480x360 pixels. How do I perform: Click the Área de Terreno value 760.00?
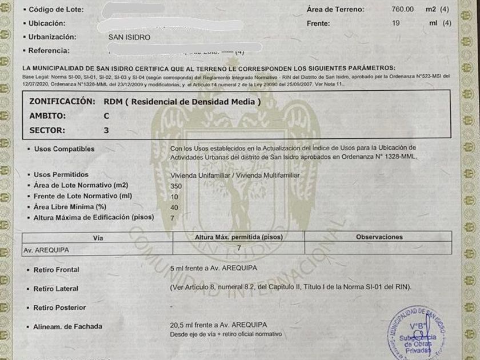402,9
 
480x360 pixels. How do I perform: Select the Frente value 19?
395,23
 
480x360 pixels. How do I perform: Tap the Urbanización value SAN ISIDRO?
129,37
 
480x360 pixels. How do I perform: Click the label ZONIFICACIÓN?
62,101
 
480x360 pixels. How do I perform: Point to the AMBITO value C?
106,115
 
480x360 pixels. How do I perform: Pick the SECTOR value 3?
106,130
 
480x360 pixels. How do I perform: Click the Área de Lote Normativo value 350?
176,186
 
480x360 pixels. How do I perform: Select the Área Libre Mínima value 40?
174,207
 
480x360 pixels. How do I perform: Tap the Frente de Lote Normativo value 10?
174,197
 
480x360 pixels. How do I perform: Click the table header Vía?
98,237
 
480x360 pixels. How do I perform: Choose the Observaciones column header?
379,237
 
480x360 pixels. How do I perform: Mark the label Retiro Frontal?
56,269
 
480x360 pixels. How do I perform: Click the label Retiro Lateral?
55,289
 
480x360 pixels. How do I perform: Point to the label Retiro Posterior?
59,307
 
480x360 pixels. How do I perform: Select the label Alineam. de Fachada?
67,326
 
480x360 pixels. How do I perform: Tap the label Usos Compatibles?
64,149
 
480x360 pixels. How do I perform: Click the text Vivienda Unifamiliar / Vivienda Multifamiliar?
235,175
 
